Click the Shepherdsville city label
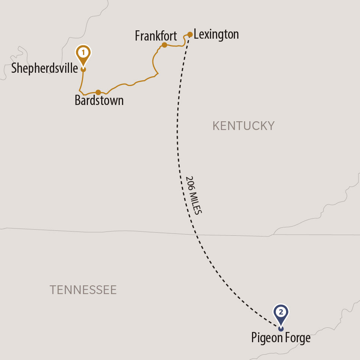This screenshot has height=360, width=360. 44,69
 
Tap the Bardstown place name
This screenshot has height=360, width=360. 99,101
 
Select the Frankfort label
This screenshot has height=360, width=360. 156,36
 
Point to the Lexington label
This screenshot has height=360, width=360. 216,34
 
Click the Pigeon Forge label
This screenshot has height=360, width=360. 281,338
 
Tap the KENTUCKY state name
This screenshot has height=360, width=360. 243,126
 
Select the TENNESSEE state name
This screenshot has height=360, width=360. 83,290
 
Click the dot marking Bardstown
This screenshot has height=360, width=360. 98,92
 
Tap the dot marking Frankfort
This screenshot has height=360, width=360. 164,45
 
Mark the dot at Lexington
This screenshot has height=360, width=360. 190,34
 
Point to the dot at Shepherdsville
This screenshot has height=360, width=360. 83,69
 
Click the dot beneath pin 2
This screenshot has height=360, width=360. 281,329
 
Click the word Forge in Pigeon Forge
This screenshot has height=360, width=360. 296,338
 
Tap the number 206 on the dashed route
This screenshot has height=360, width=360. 189,183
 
